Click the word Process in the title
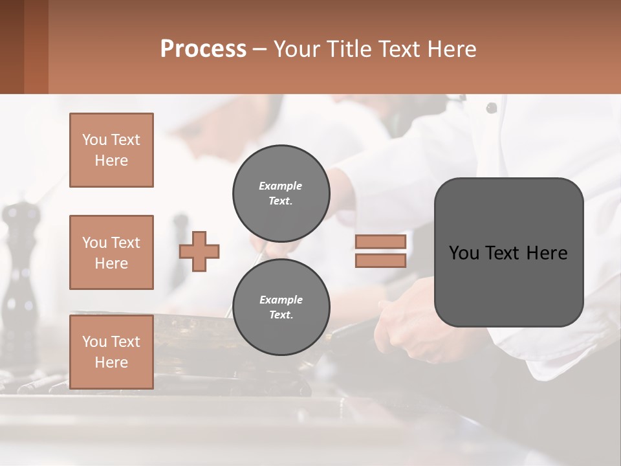point(203,49)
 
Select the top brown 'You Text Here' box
point(111,150)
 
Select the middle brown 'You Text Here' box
point(111,252)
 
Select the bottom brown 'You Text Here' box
point(111,352)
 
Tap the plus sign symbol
point(199,251)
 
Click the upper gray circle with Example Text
point(281,193)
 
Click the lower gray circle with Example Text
point(281,307)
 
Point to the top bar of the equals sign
point(380,241)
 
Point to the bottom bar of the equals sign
point(380,260)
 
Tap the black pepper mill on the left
point(21,272)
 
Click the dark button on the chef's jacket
point(492,107)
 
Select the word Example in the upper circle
point(280,186)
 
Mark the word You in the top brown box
point(94,140)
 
